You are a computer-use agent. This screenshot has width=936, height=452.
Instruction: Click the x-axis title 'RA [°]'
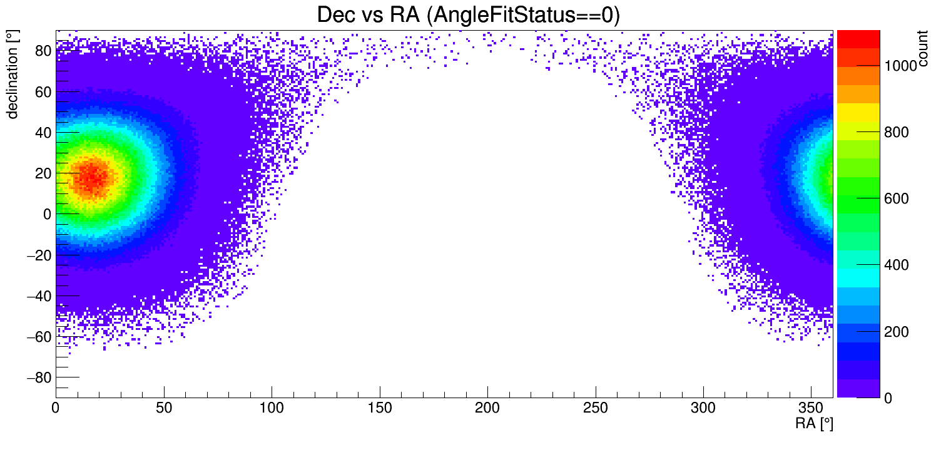click(x=813, y=424)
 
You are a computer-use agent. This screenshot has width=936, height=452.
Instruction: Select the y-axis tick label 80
click(x=42, y=51)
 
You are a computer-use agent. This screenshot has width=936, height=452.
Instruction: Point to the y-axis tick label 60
click(x=42, y=92)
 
